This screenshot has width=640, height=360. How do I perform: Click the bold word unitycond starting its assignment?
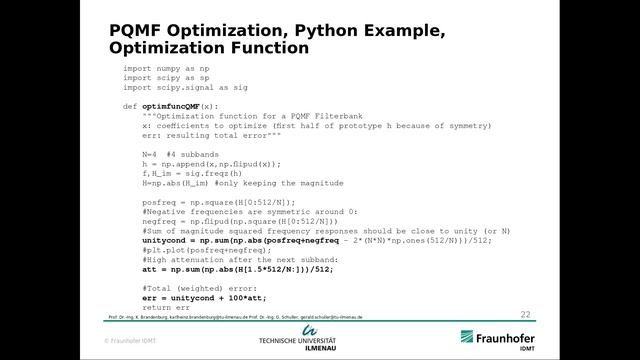(162, 240)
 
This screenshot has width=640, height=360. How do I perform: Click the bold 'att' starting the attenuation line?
(149, 269)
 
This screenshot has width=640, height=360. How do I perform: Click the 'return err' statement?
(164, 307)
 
